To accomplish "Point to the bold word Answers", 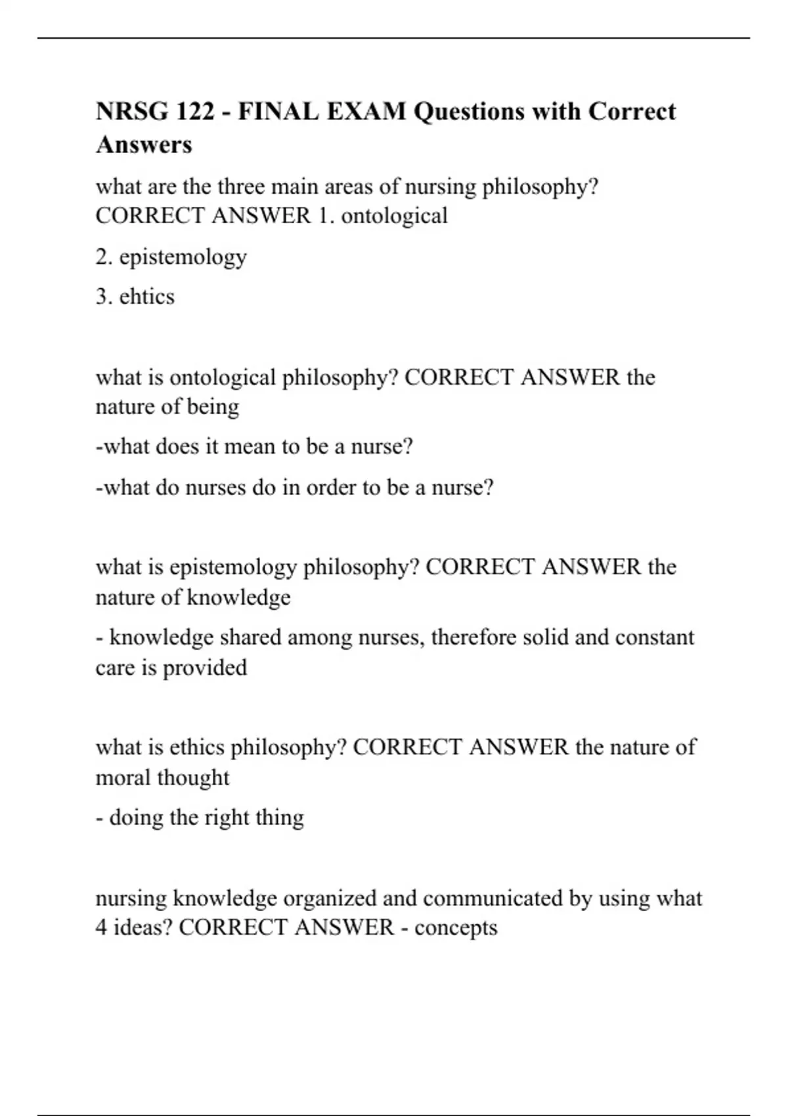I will [144, 144].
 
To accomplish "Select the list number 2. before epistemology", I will [104, 256].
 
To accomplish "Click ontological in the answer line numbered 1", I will [394, 215].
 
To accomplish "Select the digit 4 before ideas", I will [102, 927].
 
